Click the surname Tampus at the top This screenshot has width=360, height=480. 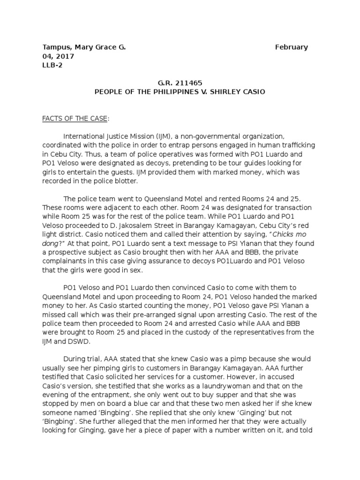(56, 47)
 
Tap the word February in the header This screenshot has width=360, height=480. (292, 47)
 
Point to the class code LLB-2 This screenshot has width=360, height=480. (52, 65)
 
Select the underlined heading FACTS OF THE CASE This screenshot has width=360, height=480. (75, 119)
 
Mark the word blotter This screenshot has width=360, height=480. (122, 181)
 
